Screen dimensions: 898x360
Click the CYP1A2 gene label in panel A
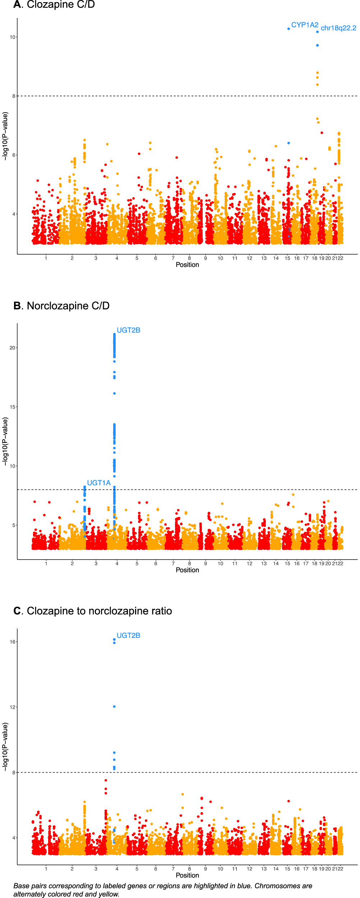coord(305,25)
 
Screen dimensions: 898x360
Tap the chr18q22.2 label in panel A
coord(338,28)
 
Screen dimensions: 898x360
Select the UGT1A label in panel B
coord(99,483)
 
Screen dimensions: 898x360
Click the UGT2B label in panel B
coord(128,330)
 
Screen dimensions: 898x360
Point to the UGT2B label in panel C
coord(128,635)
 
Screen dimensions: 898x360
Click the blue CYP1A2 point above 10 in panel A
coord(289,29)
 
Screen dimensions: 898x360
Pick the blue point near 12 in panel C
coord(114,707)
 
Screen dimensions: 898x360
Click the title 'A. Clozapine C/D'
coord(54,5)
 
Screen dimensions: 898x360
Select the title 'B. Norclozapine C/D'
coord(61,306)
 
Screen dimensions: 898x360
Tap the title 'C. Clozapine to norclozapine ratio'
coord(93,611)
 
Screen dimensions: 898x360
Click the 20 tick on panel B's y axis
coord(13,348)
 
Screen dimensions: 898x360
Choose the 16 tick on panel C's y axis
coord(13,642)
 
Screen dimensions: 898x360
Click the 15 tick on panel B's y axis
coord(13,407)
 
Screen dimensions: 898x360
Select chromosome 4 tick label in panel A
coord(117,258)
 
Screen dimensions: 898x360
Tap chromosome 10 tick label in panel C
coord(220,869)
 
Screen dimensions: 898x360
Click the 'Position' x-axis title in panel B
coord(187,570)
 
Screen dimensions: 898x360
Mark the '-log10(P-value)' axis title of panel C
coord(5,747)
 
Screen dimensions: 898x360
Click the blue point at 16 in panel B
coord(114,393)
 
